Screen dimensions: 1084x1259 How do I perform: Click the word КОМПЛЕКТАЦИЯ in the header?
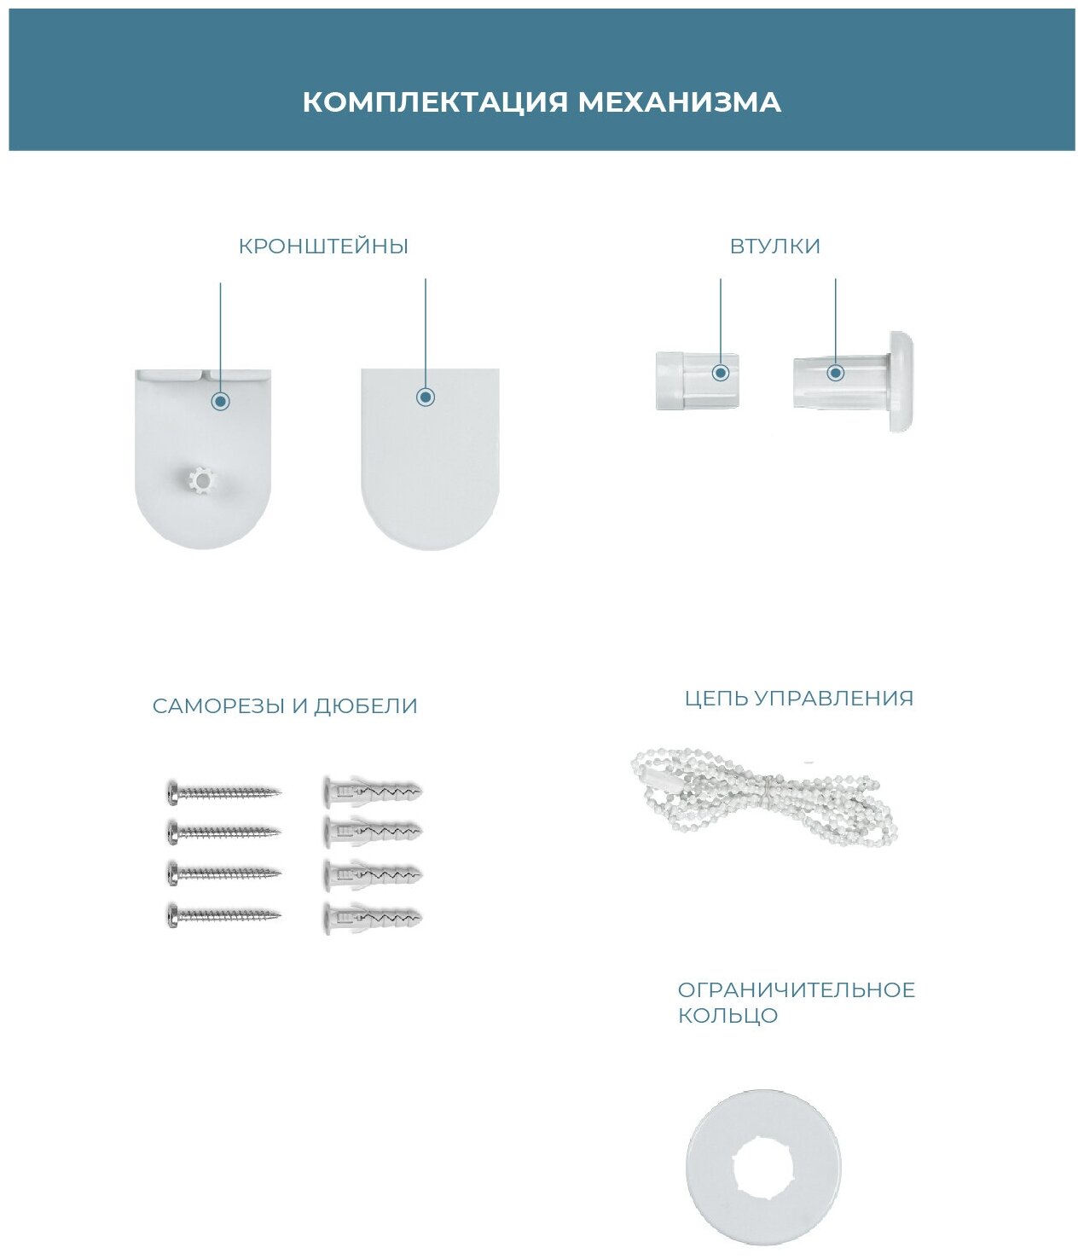[x=434, y=102]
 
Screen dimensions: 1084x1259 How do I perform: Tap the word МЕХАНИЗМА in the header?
[x=679, y=102]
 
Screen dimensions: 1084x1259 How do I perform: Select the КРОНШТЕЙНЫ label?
[x=323, y=247]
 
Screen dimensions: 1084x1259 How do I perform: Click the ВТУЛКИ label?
[x=774, y=247]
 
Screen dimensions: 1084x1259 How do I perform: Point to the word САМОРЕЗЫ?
[x=218, y=706]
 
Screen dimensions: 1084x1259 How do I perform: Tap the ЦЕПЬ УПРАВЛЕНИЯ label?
[x=798, y=699]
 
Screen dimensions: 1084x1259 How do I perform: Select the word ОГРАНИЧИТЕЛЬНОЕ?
[x=796, y=990]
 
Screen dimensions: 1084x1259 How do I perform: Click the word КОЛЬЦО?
[x=727, y=1016]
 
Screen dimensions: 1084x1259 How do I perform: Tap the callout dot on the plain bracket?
[x=426, y=397]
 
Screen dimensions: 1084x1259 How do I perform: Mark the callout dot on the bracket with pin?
[x=221, y=401]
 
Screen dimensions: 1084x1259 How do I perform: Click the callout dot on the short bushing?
[x=721, y=373]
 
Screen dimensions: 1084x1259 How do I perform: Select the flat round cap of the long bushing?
[x=901, y=381]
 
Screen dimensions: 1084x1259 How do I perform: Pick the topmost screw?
[x=223, y=792]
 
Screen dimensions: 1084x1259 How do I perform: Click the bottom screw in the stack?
[x=223, y=916]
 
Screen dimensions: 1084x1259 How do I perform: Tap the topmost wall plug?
[x=373, y=791]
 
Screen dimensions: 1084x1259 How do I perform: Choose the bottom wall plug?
[x=373, y=917]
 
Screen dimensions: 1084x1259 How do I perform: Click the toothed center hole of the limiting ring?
[x=762, y=1166]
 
